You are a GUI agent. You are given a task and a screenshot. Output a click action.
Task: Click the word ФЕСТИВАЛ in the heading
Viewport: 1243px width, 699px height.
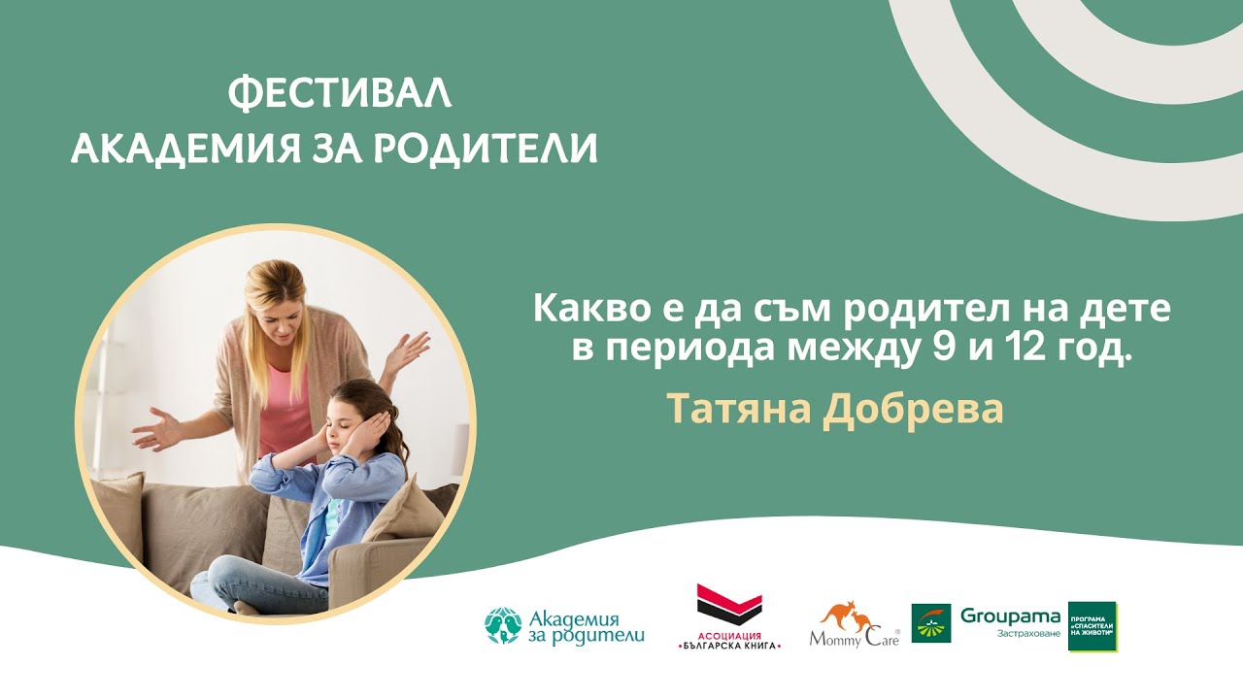point(340,93)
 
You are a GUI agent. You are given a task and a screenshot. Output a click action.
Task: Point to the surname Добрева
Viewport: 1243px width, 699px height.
point(913,410)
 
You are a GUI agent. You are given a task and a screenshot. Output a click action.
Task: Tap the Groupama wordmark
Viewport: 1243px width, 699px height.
point(1010,616)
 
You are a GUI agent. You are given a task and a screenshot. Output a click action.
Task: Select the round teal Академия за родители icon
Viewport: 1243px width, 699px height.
point(503,626)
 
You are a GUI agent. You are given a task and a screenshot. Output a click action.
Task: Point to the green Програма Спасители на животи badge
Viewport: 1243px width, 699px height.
point(1092,626)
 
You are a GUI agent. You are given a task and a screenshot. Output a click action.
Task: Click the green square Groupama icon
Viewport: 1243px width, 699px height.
point(930,623)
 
